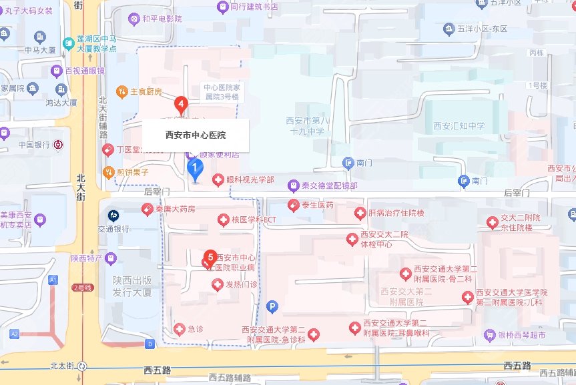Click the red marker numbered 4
(x=180, y=104)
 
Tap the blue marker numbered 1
(x=194, y=167)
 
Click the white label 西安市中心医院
(x=196, y=135)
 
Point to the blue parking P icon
(x=272, y=307)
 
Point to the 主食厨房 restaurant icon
(x=122, y=91)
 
